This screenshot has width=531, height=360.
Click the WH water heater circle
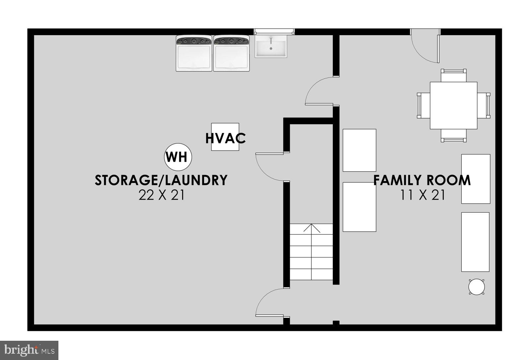tap(178, 157)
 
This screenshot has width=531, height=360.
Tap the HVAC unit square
tap(225, 137)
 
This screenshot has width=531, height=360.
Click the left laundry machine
tap(194, 53)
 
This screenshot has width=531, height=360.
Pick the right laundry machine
tap(231, 53)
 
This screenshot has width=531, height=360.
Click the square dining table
tap(453, 105)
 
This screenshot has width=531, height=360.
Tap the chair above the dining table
tap(453, 75)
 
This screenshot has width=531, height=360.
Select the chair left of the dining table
tap(423, 106)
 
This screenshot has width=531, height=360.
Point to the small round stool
tap(477, 287)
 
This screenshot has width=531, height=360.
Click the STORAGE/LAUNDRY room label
tap(161, 180)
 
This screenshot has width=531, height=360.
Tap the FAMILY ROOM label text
tap(422, 180)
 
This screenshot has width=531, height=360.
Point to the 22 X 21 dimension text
tap(161, 195)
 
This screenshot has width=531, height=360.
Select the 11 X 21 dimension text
tap(422, 195)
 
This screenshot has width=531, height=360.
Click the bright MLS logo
tap(29, 350)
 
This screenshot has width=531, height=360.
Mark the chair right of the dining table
tap(484, 106)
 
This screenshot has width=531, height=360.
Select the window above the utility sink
tap(274, 32)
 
